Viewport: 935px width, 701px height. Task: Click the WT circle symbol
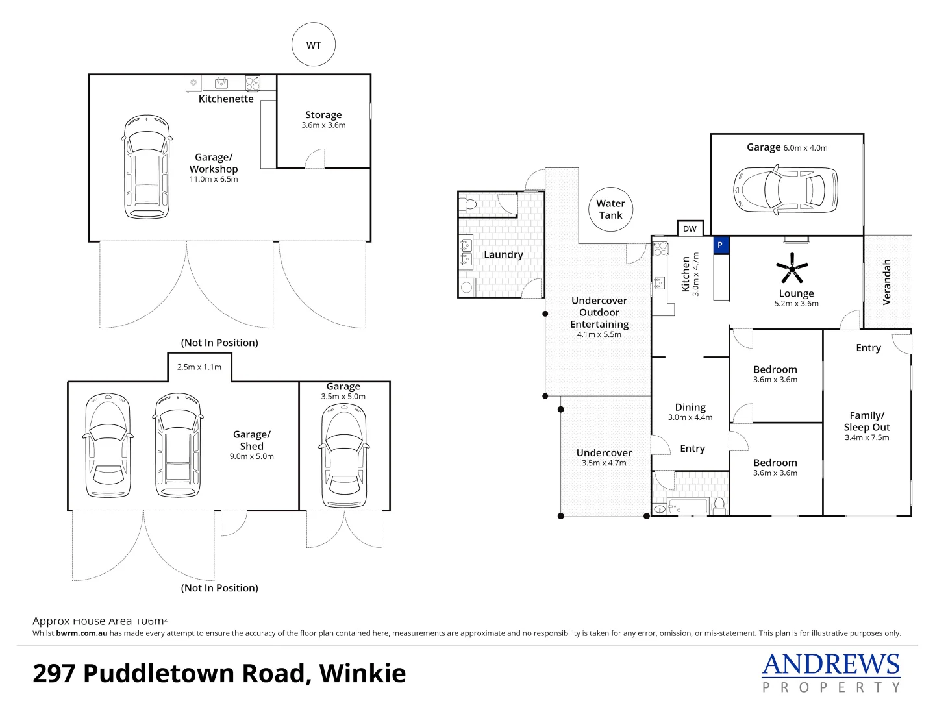pyautogui.click(x=314, y=45)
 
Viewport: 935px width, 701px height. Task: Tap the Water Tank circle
pyautogui.click(x=610, y=209)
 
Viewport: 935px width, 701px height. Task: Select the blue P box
pyautogui.click(x=719, y=245)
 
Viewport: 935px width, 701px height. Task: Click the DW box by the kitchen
pyautogui.click(x=690, y=228)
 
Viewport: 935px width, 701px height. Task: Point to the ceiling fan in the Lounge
pyautogui.click(x=792, y=268)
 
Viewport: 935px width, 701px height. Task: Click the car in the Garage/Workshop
pyautogui.click(x=147, y=167)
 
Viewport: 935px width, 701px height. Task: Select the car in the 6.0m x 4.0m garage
pyautogui.click(x=786, y=190)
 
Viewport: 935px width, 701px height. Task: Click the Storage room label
pyautogui.click(x=323, y=115)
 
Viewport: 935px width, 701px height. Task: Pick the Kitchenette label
pyautogui.click(x=226, y=99)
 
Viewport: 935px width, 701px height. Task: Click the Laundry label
pyautogui.click(x=503, y=254)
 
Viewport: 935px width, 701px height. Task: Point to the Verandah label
pyautogui.click(x=887, y=282)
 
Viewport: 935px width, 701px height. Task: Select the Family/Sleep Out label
pyautogui.click(x=867, y=421)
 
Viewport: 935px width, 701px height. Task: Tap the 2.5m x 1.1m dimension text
pyautogui.click(x=199, y=367)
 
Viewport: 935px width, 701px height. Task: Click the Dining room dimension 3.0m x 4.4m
pyautogui.click(x=690, y=417)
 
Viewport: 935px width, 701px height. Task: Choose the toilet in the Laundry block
pyautogui.click(x=469, y=204)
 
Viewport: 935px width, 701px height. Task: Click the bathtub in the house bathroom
pyautogui.click(x=687, y=506)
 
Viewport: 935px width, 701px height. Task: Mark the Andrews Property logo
pyautogui.click(x=831, y=672)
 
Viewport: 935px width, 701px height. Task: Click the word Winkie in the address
pyautogui.click(x=362, y=673)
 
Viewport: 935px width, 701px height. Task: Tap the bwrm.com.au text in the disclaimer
pyautogui.click(x=81, y=633)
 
